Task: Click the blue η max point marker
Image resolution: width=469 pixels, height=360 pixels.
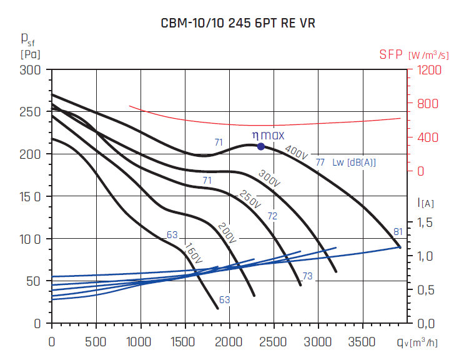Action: (261, 146)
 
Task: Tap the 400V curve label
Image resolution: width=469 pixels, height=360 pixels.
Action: (296, 151)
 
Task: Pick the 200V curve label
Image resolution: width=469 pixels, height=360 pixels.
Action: (227, 232)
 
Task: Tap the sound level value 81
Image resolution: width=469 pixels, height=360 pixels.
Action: (398, 232)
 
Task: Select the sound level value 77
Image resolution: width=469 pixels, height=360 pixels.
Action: (320, 162)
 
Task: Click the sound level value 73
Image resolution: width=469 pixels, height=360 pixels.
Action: (307, 276)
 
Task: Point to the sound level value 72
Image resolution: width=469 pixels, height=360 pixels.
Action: (272, 216)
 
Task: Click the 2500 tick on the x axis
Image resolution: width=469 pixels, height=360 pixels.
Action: (274, 342)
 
